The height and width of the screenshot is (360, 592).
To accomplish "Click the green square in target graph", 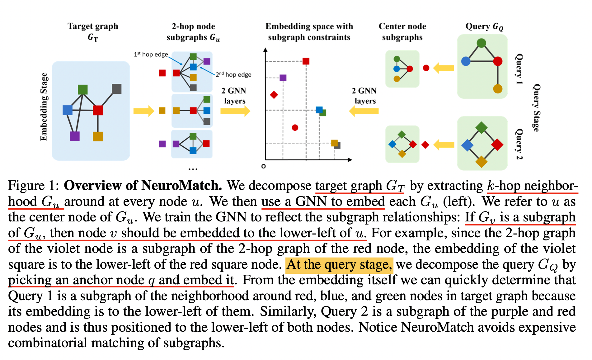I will click(x=83, y=90).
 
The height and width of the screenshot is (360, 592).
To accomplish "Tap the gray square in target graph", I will click(x=117, y=89).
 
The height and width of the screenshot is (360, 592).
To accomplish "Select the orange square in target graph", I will click(x=98, y=136).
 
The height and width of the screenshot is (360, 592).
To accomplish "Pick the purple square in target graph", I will click(x=75, y=136).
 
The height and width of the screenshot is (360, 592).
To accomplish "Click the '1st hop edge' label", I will click(x=151, y=54).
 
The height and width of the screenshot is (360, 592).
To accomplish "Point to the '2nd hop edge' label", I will click(x=233, y=75).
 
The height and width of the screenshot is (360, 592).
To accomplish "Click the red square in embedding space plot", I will click(x=306, y=61).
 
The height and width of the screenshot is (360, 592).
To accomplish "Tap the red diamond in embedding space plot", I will click(x=274, y=95).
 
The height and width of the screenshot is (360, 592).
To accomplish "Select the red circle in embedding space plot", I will click(x=295, y=127).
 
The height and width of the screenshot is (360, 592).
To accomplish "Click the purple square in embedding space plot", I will click(x=283, y=78).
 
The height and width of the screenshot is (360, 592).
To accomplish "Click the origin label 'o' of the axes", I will click(x=264, y=166).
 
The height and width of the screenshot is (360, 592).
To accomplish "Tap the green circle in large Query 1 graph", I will click(x=481, y=43).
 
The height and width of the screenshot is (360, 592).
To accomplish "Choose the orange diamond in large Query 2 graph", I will click(x=481, y=162).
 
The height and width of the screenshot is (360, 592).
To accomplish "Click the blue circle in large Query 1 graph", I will click(x=466, y=61).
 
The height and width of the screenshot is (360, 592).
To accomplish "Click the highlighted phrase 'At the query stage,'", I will click(x=339, y=265).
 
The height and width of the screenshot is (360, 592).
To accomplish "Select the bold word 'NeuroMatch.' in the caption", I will click(x=181, y=186).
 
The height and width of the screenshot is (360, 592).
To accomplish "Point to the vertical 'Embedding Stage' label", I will click(x=44, y=107).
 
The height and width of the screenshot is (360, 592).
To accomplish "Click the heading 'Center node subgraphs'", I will click(x=402, y=32).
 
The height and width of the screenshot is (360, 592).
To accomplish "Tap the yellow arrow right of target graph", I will click(x=143, y=111).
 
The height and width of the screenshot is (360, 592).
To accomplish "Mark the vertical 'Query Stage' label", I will click(x=536, y=108).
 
